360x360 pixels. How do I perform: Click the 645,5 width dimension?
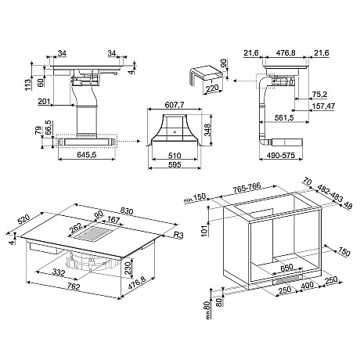click(87, 155)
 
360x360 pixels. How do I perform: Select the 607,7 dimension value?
click(175, 105)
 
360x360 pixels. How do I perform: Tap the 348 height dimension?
click(207, 130)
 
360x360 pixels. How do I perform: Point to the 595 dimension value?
click(175, 164)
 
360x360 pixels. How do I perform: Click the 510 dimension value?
click(175, 156)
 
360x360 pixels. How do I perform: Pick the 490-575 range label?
click(281, 155)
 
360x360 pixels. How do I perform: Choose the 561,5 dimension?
click(284, 118)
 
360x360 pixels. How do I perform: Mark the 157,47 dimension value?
click(323, 106)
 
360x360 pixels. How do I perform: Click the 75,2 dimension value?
click(320, 95)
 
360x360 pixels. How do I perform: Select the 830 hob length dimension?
click(127, 211)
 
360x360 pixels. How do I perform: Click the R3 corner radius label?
click(178, 236)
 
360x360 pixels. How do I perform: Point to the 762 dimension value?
click(74, 286)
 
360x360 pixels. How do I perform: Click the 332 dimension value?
click(59, 272)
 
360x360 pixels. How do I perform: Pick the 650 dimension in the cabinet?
click(287, 267)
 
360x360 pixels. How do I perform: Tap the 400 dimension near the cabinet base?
click(308, 286)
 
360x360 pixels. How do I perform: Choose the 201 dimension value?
click(44, 101)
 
